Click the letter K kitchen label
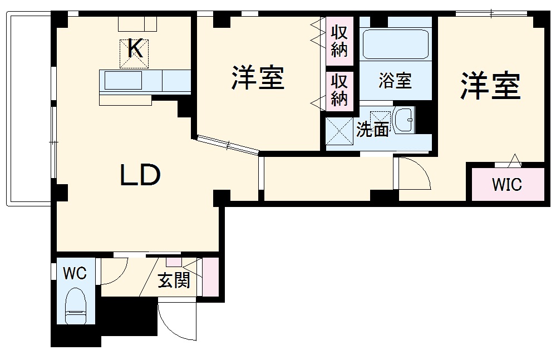[x=136, y=49]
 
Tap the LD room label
[x=141, y=176]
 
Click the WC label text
[x=74, y=273]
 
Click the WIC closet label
[x=506, y=184]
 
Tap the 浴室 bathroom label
[x=395, y=81]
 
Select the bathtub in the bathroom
[x=395, y=44]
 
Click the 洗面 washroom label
[x=372, y=130]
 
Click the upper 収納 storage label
[x=339, y=41]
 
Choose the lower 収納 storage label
[x=339, y=89]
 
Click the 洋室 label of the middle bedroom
[x=258, y=79]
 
